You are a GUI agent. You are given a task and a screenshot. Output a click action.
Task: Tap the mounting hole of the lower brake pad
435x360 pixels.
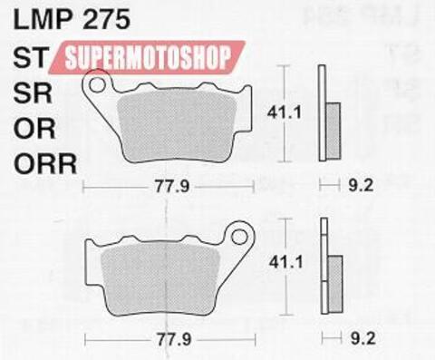239,240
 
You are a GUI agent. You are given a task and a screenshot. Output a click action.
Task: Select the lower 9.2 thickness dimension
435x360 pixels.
361,341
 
